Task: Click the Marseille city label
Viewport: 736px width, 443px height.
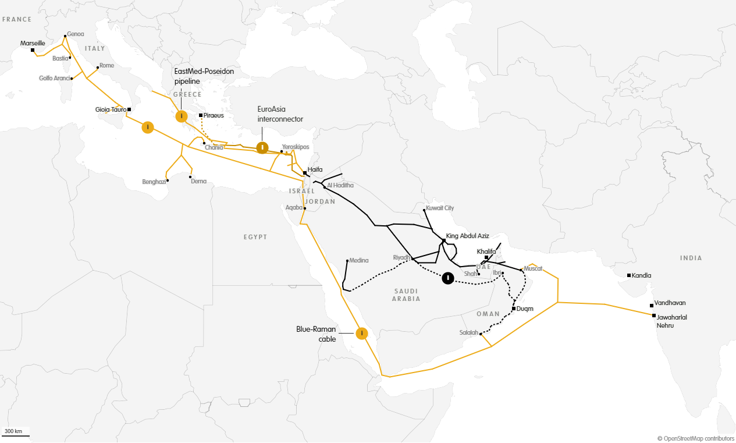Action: tap(33, 43)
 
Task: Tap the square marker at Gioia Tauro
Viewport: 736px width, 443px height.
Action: tap(129, 109)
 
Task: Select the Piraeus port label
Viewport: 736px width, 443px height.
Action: tap(214, 115)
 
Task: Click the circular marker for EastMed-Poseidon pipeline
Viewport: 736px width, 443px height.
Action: tap(182, 116)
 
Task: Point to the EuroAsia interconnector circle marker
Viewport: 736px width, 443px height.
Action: tap(262, 147)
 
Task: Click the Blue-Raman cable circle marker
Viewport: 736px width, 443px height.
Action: tap(362, 333)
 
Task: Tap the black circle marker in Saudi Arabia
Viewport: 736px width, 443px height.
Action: tap(448, 278)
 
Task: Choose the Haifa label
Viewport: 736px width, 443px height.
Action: tap(315, 169)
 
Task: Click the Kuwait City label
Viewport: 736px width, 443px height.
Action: tap(440, 208)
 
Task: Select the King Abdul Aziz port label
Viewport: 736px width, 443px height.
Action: tap(467, 236)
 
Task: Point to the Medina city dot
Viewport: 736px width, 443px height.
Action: tap(347, 260)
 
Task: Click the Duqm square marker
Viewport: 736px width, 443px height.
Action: tap(514, 309)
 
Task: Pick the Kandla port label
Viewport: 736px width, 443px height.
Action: tap(642, 275)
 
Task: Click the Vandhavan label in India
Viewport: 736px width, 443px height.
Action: tap(670, 303)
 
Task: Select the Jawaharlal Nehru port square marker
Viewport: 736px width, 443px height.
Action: tap(654, 316)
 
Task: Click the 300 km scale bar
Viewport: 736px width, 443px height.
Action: tap(15, 435)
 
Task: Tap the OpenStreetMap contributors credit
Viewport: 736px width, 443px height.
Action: tap(696, 438)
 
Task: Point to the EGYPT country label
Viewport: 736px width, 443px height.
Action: tap(255, 237)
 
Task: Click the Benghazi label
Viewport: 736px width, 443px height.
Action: tap(154, 182)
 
